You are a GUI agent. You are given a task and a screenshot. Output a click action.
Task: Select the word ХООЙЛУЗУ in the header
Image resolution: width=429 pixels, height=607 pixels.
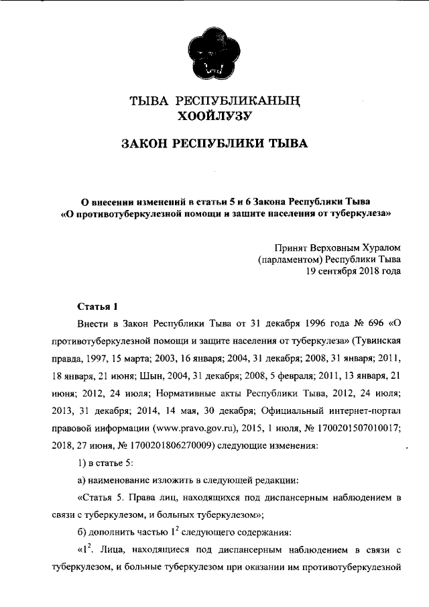tap(214, 118)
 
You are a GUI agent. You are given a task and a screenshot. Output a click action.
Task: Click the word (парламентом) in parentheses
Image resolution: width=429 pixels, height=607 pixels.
tap(290, 259)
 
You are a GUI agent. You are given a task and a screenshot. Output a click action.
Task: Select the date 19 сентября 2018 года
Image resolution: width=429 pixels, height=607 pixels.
tap(353, 272)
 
